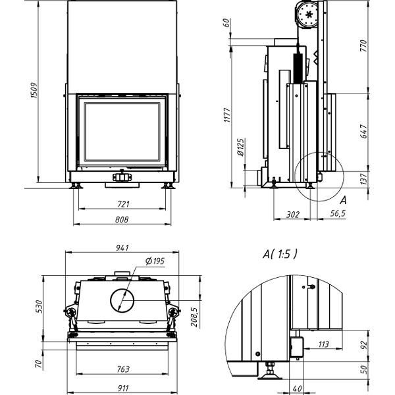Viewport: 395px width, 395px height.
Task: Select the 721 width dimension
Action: coord(123,203)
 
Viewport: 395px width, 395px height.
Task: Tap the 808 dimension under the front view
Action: coord(123,220)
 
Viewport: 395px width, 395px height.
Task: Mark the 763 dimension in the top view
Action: coord(123,369)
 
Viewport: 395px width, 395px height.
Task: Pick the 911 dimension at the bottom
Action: coord(123,387)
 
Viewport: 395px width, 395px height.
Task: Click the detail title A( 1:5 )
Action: coord(280,253)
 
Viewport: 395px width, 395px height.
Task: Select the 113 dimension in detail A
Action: coord(323,344)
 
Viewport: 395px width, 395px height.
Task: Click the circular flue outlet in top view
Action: coord(122,300)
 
